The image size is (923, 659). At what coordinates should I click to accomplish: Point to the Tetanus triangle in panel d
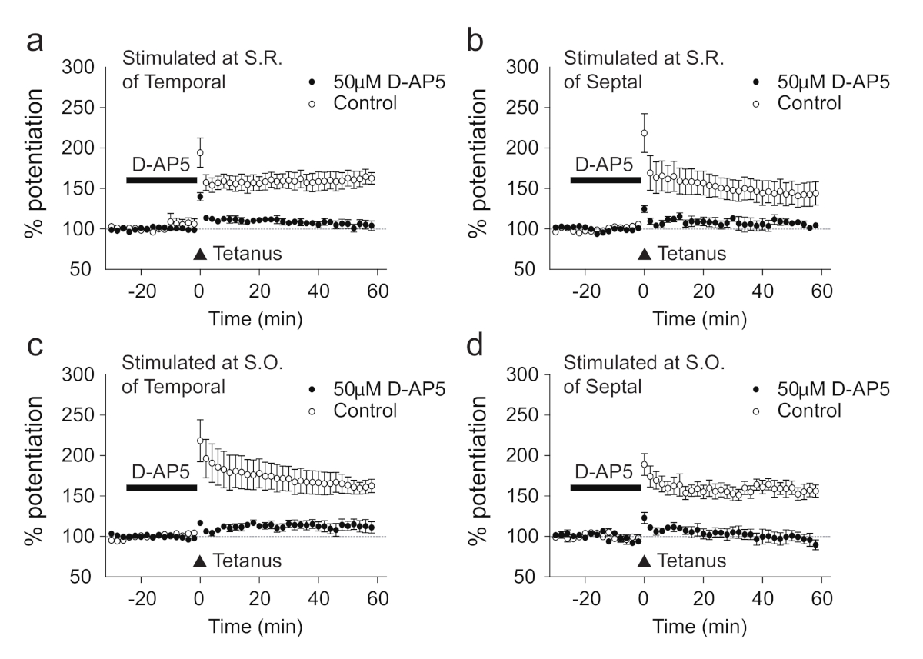645,561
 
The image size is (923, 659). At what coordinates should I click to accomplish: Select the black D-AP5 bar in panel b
605,180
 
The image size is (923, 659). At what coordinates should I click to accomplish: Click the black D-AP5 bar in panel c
162,488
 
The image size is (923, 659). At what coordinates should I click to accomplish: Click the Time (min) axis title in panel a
247,316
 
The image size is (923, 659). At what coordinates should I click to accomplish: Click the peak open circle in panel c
201,441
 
